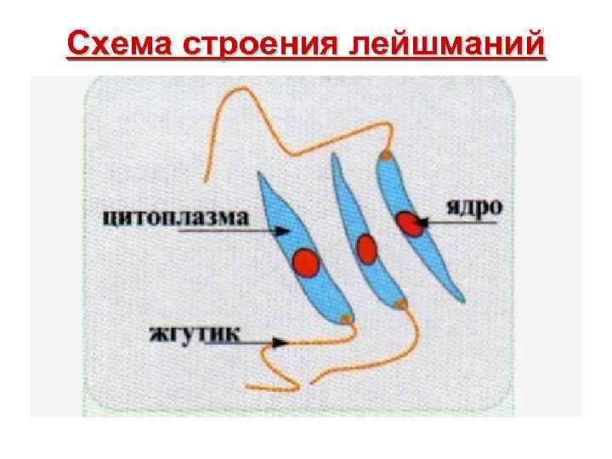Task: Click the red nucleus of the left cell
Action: (306, 263)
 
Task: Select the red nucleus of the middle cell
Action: (366, 249)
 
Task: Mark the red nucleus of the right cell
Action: (411, 224)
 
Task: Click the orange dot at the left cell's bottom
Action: (345, 319)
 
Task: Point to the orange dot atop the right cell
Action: (387, 156)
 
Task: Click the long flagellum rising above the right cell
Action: (280, 144)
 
